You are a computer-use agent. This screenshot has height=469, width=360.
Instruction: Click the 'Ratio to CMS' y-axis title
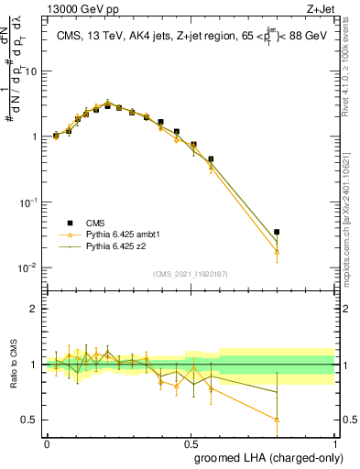(x=13, y=365)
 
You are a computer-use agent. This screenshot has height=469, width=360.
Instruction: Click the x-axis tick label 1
(x=333, y=442)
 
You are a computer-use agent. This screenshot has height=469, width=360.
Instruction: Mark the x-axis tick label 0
(x=47, y=442)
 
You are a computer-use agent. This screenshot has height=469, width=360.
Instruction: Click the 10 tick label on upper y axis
(x=31, y=71)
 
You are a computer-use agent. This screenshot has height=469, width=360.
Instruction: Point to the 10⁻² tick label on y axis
(x=29, y=267)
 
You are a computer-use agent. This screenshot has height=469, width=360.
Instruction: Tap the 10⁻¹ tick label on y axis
(x=29, y=202)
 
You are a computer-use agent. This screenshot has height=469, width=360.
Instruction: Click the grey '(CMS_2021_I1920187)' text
(x=191, y=274)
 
